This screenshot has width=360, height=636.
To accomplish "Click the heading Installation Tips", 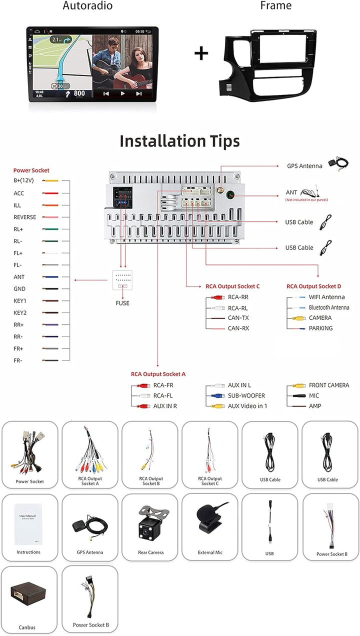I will (179, 141).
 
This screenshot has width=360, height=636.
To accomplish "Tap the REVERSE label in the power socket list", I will (24, 217).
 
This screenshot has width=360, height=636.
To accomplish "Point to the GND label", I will (19, 289).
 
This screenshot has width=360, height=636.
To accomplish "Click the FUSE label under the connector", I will (122, 303).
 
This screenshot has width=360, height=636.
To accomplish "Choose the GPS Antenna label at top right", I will (304, 166).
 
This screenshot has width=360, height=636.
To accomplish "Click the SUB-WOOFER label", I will (246, 395).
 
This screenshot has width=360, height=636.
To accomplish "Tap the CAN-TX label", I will (238, 318).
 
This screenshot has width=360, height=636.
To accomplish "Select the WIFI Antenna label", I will (326, 297).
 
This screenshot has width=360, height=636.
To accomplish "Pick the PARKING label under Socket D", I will (320, 328).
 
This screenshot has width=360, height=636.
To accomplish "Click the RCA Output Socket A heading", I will (158, 374).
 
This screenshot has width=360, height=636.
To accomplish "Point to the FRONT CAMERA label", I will (329, 385).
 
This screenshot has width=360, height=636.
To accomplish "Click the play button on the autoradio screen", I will (122, 93).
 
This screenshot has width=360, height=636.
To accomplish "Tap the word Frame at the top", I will (275, 6).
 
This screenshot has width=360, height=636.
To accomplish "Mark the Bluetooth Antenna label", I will (328, 307).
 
